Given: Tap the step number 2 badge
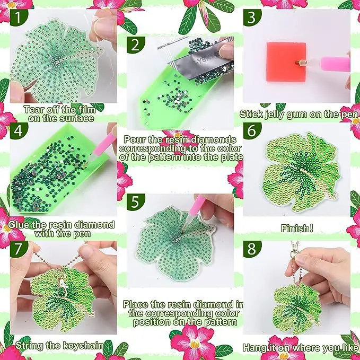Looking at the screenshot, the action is [x=135, y=45].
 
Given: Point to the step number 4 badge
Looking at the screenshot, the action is [x=18, y=131].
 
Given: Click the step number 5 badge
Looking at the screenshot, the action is [x=135, y=202].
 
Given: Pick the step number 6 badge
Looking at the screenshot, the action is [x=252, y=131].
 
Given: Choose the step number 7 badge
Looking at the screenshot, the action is [x=18, y=249].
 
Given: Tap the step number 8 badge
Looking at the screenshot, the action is [x=252, y=249].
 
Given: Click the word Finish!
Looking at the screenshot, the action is [x=296, y=228].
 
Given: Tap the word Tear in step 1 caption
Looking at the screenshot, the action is [x=33, y=110].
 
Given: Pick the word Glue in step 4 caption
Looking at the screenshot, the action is [x=19, y=225].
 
